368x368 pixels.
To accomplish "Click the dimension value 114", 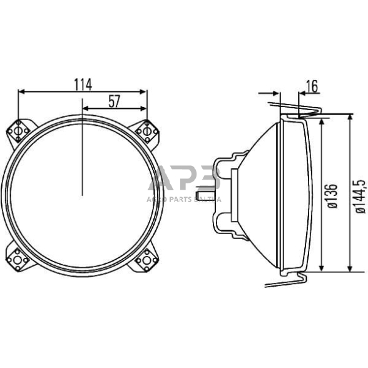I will click(x=83, y=84).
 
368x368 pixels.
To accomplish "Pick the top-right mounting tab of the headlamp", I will click(x=147, y=131).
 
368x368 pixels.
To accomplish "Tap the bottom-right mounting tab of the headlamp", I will click(x=147, y=257).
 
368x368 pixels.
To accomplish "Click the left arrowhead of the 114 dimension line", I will click(x=22, y=91).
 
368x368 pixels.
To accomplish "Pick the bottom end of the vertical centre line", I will click(x=83, y=194).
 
